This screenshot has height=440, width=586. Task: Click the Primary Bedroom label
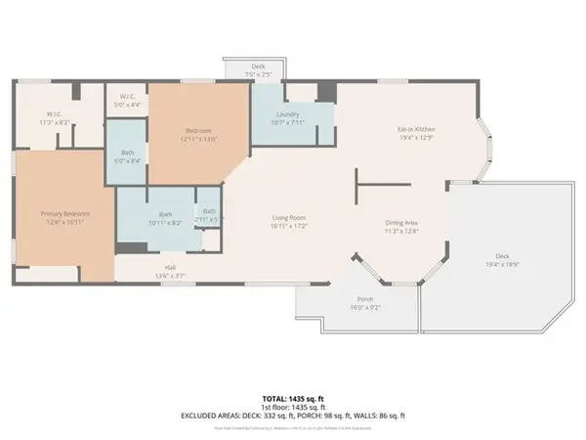click(64, 213)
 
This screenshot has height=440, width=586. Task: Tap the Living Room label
click(289, 218)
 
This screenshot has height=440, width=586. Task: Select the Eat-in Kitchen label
click(415, 129)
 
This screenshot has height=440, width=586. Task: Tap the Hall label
click(171, 267)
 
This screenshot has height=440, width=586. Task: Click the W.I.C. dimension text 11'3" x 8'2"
click(54, 123)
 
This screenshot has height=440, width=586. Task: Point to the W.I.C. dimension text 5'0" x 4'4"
click(128, 105)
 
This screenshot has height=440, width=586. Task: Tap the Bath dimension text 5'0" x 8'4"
click(128, 161)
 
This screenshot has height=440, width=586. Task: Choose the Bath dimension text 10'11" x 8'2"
click(164, 223)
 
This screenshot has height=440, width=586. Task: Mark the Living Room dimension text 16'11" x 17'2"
click(289, 226)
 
